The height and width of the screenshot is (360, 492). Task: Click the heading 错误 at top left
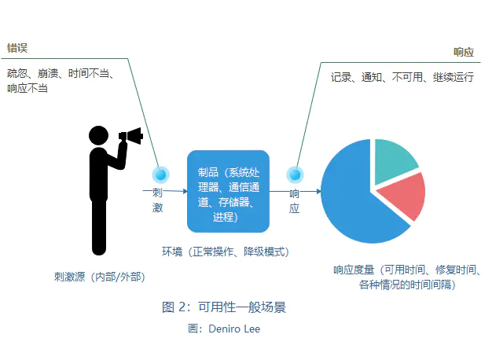pos(17,48)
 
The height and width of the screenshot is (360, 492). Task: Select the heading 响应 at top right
pos(464,52)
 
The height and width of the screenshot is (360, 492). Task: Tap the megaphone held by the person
pos(131,135)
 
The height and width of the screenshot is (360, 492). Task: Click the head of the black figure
pos(98,135)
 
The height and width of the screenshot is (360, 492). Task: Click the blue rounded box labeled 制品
pos(228,192)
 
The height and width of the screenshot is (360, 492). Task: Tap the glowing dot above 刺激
pos(161,174)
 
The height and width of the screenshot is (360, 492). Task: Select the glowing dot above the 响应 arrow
pos(295,174)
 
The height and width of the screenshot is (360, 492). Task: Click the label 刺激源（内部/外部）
pos(99,277)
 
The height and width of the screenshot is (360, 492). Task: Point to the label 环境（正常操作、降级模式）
pos(225,252)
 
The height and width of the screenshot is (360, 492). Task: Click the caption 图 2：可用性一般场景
pos(224,307)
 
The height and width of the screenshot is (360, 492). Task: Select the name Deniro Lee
pos(234,329)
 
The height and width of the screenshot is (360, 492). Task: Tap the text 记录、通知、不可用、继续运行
pos(402,77)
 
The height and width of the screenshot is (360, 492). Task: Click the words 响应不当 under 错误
pos(28,88)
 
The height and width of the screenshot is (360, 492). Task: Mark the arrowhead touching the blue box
pos(185,191)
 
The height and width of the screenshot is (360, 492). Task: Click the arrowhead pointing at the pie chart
pos(318,191)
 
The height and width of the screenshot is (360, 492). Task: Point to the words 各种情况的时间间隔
pos(405,285)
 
